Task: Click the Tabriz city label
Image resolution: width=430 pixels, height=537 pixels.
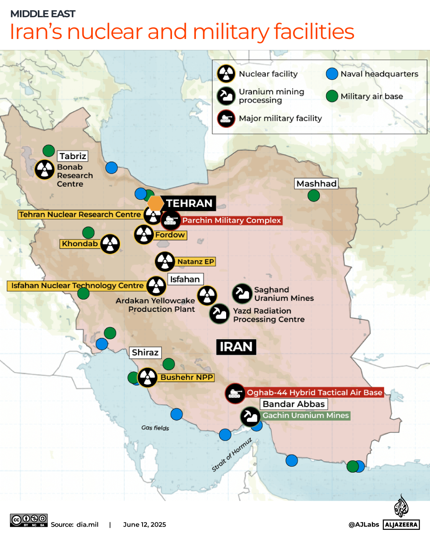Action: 73,156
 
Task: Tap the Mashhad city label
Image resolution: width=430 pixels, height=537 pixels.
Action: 317,183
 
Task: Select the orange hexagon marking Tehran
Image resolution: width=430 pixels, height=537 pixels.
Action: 155,203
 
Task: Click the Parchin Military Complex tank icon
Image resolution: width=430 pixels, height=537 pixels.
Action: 171,220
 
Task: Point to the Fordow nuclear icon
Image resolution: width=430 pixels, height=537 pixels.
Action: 144,234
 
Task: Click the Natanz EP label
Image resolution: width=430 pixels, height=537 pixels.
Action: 195,262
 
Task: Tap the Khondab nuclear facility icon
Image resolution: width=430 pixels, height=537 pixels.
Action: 110,244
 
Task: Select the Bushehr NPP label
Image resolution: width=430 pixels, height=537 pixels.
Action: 187,377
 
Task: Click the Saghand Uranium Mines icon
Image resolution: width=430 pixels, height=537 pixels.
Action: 242,294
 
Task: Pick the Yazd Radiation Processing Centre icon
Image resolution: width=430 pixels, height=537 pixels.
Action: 219,314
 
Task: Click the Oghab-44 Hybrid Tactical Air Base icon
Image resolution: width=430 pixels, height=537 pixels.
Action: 235,393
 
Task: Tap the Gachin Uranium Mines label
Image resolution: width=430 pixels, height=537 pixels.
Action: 305,416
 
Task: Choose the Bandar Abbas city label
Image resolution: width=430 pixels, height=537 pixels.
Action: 294,404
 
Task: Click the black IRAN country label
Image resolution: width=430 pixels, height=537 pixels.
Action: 236,347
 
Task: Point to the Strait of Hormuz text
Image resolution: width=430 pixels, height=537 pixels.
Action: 232,455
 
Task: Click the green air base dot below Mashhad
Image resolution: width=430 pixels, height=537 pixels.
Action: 314,196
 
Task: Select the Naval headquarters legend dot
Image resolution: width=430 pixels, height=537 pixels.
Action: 332,74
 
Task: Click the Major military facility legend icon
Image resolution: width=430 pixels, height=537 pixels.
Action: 226,119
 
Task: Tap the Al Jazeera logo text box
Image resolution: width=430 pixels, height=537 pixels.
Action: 401,525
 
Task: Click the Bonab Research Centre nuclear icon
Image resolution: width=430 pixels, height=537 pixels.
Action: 45,169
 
